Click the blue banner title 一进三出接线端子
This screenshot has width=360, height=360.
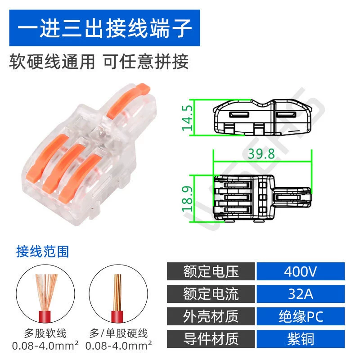coord(104,28)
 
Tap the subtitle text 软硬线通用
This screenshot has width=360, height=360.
coord(52,62)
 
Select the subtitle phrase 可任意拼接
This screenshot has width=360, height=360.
coord(146,62)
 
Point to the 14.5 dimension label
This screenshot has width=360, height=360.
coord(187,118)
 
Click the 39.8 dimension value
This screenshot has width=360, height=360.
coord(261,154)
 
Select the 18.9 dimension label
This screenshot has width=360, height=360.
coord(187,199)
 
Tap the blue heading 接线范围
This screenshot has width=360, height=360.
coord(42,252)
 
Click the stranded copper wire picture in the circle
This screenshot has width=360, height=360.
coord(45,294)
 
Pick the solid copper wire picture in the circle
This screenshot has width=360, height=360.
coord(118,294)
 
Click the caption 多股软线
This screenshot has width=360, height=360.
coord(45,333)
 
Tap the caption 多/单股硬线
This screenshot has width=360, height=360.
coord(118,333)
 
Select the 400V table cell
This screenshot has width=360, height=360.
coord(301,271)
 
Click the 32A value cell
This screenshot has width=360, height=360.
coord(301,294)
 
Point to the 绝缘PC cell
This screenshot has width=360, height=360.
coord(301,316)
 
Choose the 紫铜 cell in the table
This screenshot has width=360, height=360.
coord(301,339)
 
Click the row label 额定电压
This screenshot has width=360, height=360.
coord(211,271)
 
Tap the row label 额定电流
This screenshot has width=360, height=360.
coord(211,294)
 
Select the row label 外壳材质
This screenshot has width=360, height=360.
coord(211,316)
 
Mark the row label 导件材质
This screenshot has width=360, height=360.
coord(211,339)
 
